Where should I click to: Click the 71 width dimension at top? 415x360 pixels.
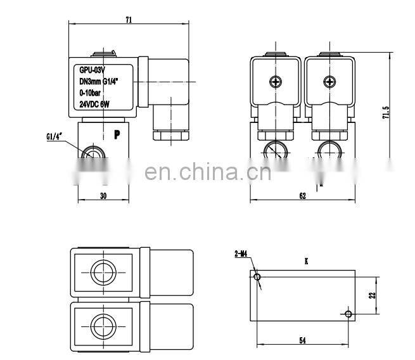click(x=129, y=20)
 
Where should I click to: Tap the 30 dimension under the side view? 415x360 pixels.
click(x=103, y=196)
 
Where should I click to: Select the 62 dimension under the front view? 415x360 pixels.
click(x=302, y=196)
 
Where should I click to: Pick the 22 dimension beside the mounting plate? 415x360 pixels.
click(x=373, y=295)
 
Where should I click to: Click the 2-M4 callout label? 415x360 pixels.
click(x=240, y=255)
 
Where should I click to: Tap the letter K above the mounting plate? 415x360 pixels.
click(x=306, y=260)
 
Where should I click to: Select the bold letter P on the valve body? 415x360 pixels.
click(x=117, y=134)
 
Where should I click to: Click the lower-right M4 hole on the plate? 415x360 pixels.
click(x=348, y=314)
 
